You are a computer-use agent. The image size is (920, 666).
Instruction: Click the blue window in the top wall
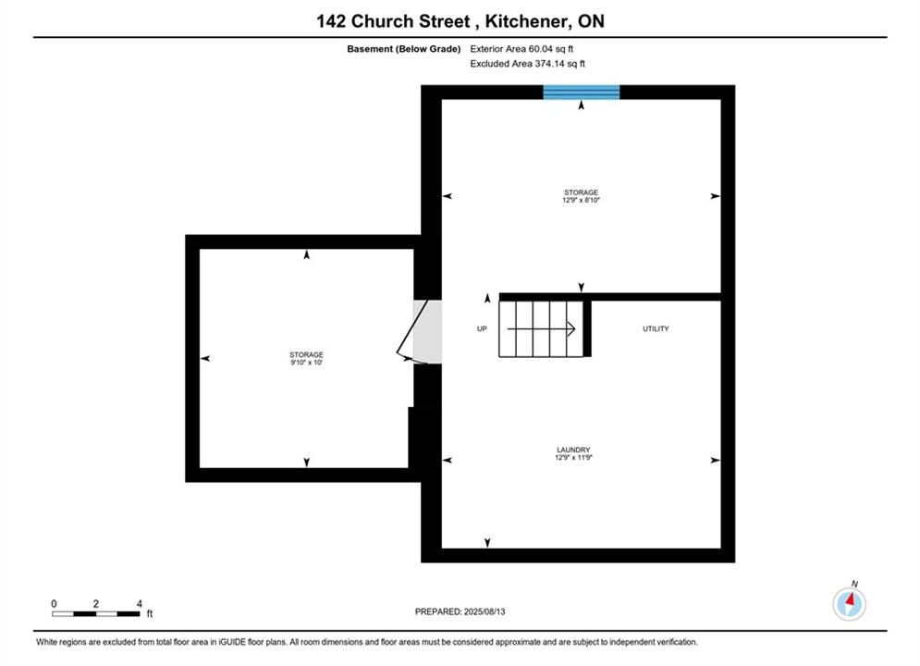pyautogui.click(x=581, y=92)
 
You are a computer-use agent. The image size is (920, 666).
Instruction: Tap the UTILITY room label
pyautogui.click(x=656, y=328)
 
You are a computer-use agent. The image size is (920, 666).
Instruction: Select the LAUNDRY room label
pyautogui.click(x=573, y=450)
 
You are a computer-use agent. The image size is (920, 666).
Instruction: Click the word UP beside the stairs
pyautogui.click(x=482, y=328)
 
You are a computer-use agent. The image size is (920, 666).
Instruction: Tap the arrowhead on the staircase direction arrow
pyautogui.click(x=570, y=328)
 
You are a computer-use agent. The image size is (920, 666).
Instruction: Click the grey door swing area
pyautogui.click(x=428, y=331)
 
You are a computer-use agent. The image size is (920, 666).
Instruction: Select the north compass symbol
pyautogui.click(x=849, y=602)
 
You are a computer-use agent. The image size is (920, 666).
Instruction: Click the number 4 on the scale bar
pyautogui.click(x=139, y=603)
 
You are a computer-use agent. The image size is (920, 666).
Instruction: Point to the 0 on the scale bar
pyautogui.click(x=54, y=603)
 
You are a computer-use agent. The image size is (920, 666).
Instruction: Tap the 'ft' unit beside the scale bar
pyautogui.click(x=150, y=614)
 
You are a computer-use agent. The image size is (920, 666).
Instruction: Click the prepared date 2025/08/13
pyautogui.click(x=485, y=611)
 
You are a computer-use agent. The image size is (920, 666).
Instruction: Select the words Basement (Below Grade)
pyautogui.click(x=404, y=49)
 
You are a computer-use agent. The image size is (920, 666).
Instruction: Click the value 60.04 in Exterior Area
pyautogui.click(x=540, y=49)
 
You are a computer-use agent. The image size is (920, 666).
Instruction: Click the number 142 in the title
pyautogui.click(x=331, y=21)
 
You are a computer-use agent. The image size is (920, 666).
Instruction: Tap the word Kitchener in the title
pyautogui.click(x=526, y=21)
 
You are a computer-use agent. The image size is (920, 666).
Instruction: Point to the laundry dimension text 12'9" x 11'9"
pyautogui.click(x=573, y=457)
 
